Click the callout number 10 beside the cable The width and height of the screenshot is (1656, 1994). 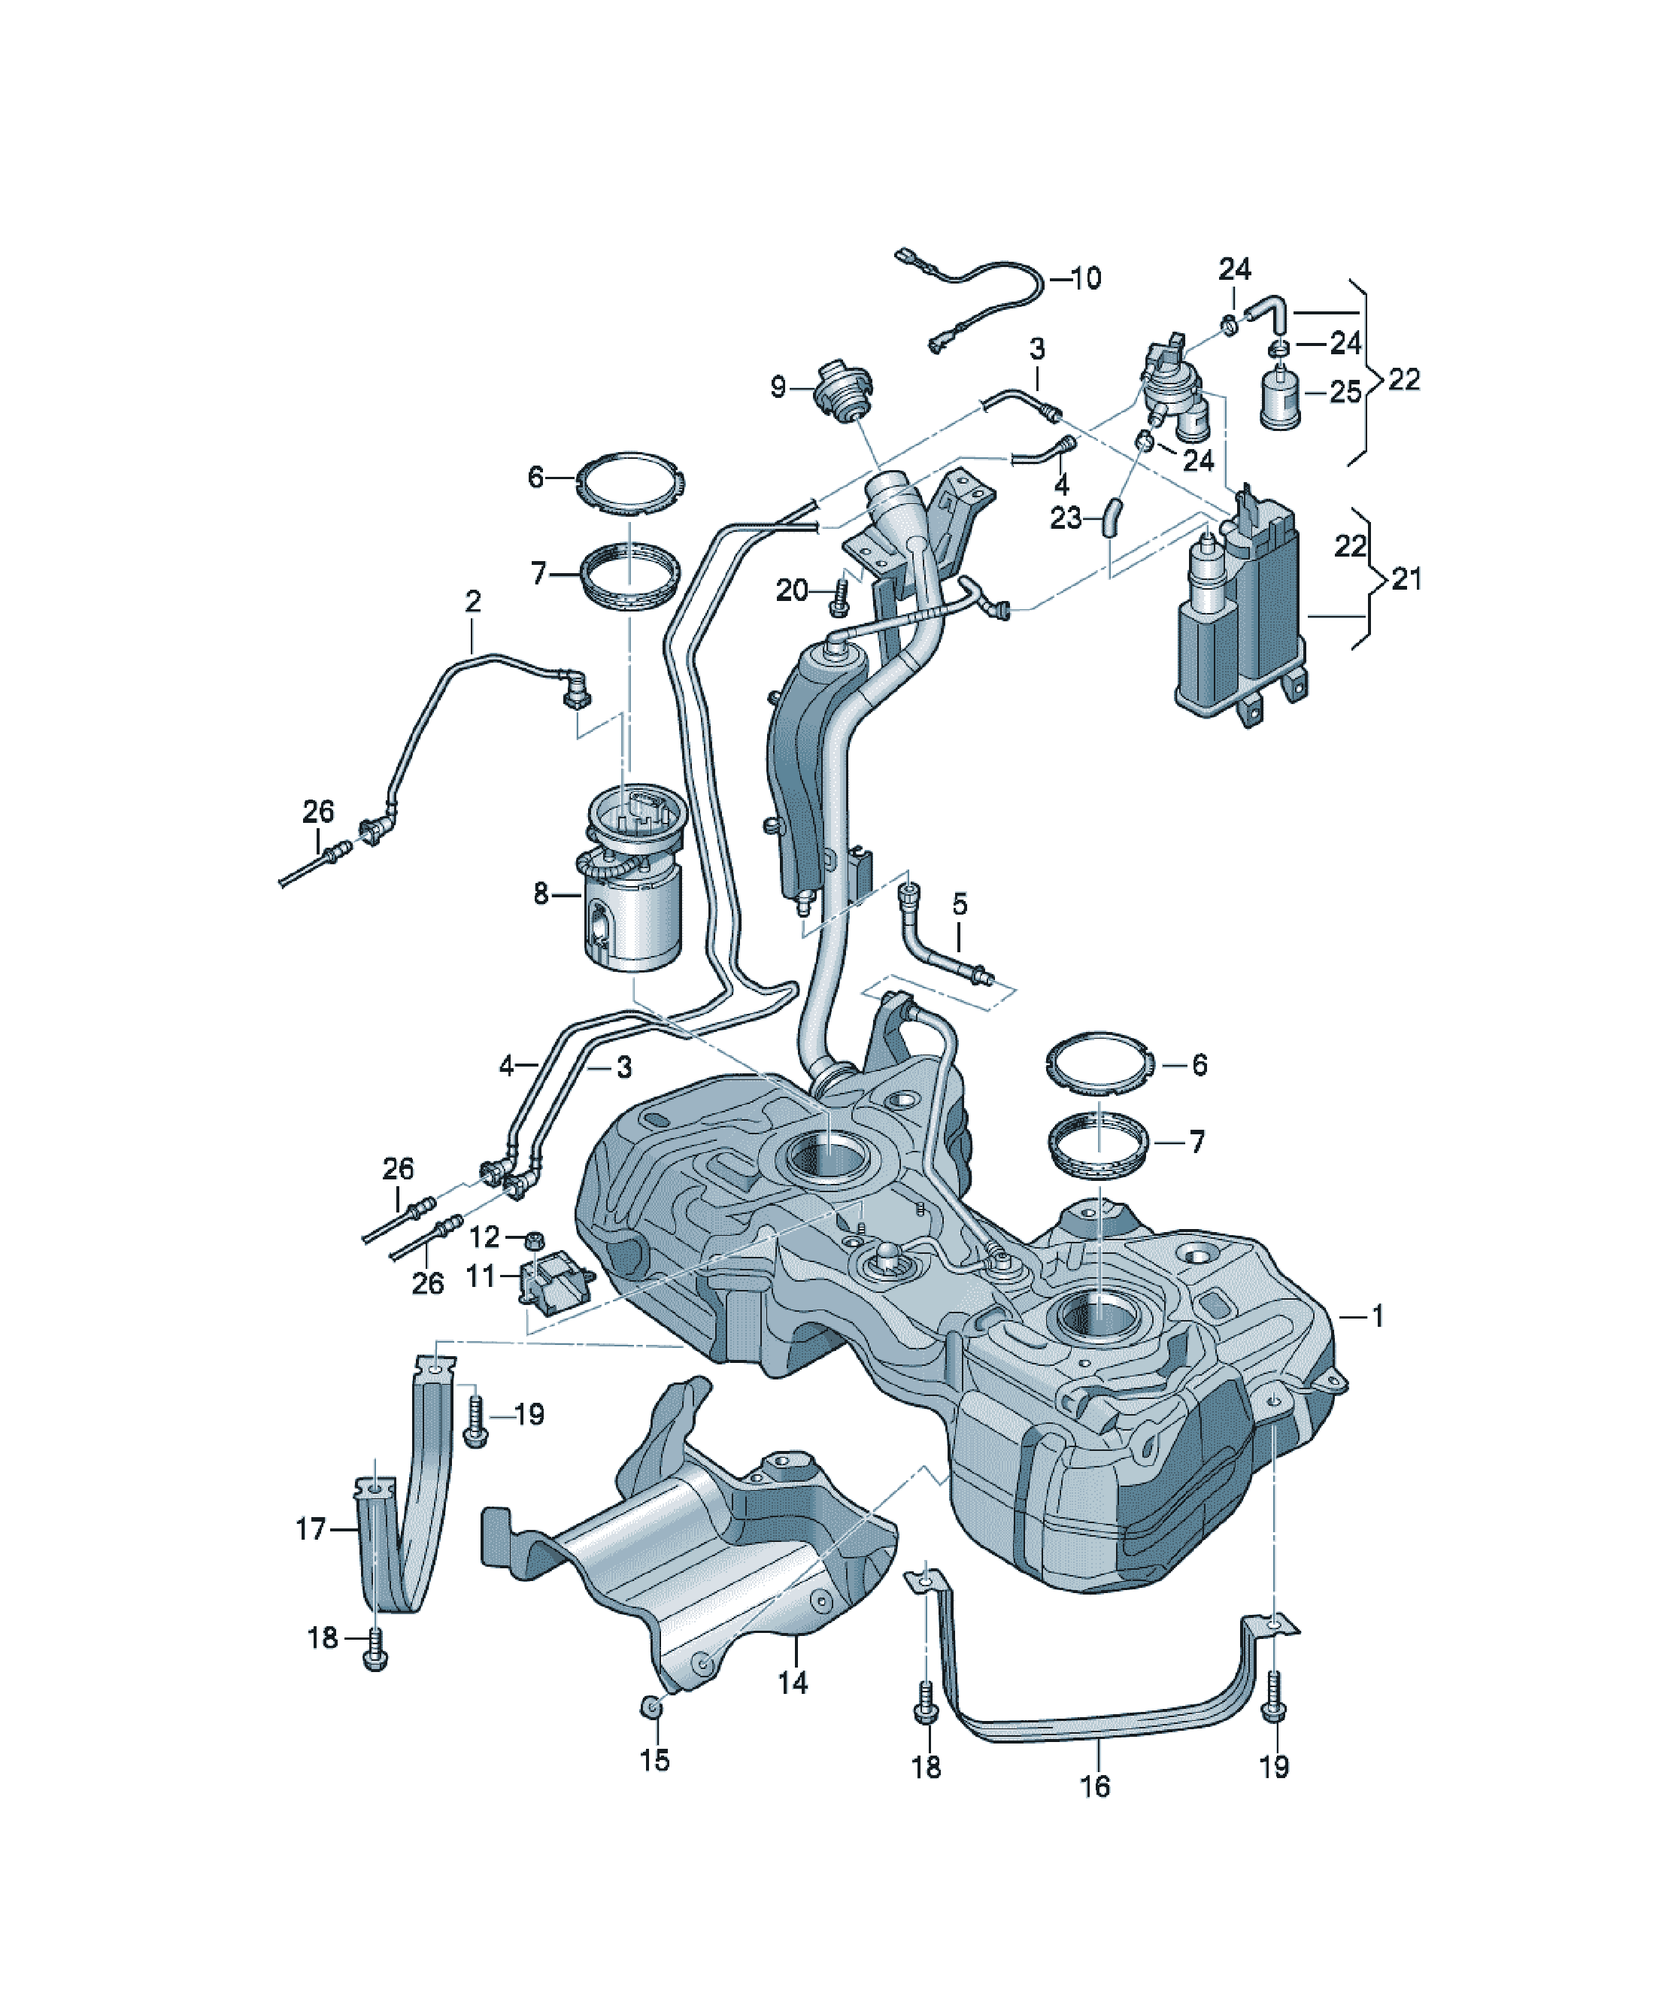(1086, 278)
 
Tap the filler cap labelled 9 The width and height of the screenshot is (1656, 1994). (840, 391)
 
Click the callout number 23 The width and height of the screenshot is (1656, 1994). (1066, 518)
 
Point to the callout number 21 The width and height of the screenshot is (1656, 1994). (1406, 578)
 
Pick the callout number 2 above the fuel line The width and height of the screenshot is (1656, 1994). (473, 601)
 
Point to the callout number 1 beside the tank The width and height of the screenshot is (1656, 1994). (1378, 1316)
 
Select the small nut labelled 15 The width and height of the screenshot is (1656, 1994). (652, 1706)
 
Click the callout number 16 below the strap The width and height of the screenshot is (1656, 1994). (1095, 1786)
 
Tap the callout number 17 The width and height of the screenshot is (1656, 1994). (311, 1528)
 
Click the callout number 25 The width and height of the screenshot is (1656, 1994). (1345, 391)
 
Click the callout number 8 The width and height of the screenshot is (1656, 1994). (540, 894)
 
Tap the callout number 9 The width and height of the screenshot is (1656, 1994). (778, 387)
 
